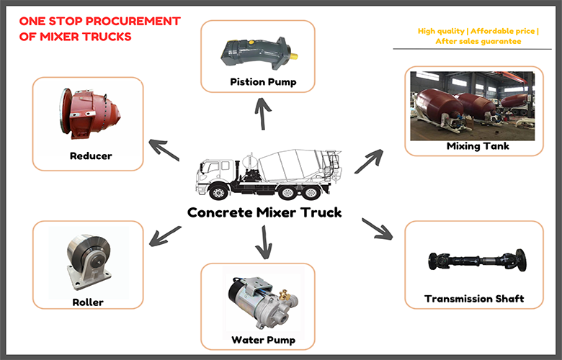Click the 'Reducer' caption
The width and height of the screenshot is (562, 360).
[x=91, y=156]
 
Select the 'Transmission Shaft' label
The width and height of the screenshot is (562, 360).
[x=473, y=298]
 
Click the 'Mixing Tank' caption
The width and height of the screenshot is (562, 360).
[x=478, y=146]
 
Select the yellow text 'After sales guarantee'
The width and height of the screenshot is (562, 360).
[x=478, y=42]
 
